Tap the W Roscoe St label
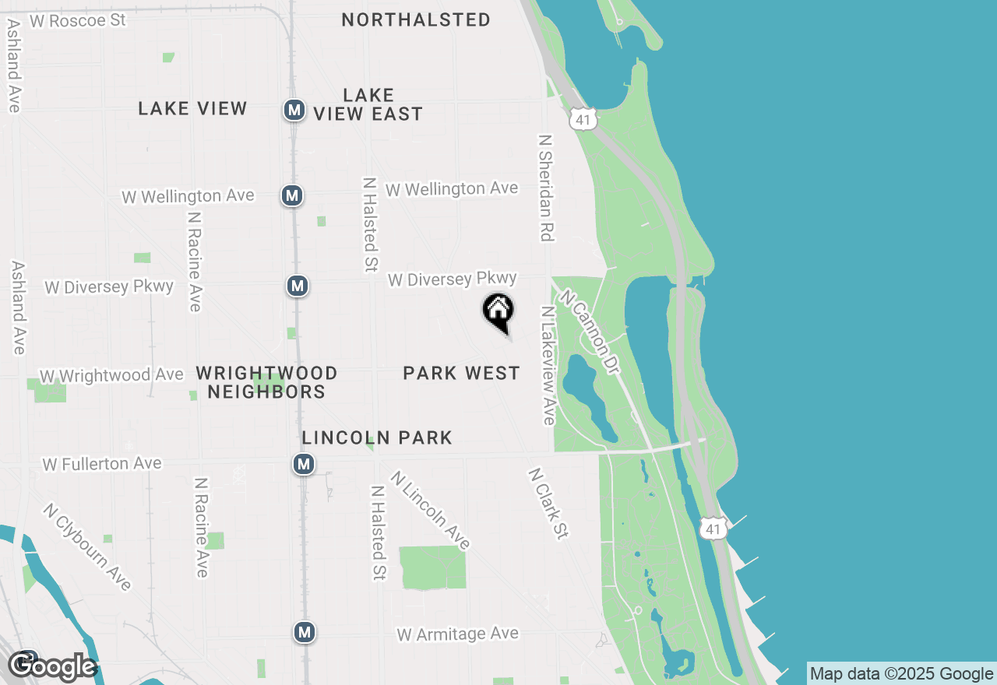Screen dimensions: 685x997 [77, 20]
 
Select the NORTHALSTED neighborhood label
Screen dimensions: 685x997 [416, 19]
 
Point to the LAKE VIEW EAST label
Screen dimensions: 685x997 [368, 104]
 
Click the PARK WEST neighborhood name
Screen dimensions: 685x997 [461, 374]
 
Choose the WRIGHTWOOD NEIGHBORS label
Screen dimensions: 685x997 [266, 382]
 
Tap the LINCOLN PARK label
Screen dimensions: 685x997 [377, 437]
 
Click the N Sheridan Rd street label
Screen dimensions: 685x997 [545, 188]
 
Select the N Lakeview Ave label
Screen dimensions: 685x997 [548, 366]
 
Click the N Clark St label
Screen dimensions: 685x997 [548, 503]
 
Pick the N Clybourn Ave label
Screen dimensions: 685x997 [87, 546]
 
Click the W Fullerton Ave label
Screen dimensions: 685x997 [102, 464]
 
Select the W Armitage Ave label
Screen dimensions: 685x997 [457, 634]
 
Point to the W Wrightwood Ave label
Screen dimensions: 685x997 [111, 375]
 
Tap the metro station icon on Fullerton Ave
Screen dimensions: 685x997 [304, 465]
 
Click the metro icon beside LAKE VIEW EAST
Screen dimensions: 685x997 [294, 110]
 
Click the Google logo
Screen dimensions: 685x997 [52, 667]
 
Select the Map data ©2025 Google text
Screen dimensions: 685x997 [901, 673]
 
